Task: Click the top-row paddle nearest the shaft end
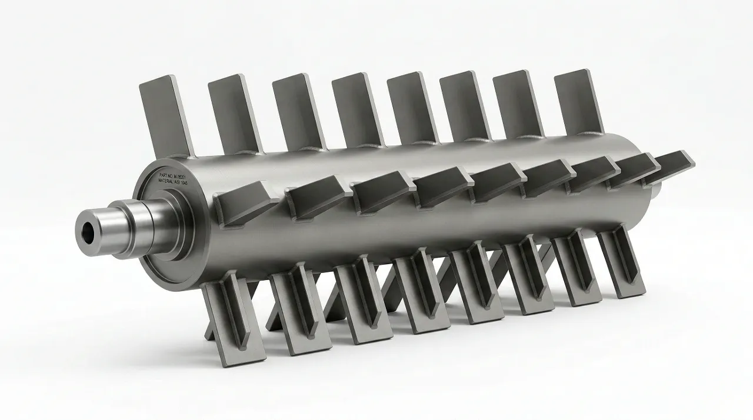165,115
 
